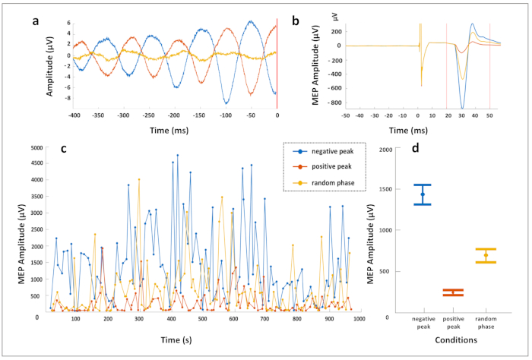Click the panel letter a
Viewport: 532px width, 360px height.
(x=35, y=21)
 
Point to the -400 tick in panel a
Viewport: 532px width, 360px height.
(x=74, y=115)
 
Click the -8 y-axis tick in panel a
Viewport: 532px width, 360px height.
(x=67, y=98)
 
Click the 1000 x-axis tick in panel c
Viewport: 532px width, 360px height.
(x=359, y=319)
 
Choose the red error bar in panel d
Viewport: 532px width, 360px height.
(x=453, y=292)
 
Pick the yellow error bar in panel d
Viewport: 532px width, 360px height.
(x=485, y=255)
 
